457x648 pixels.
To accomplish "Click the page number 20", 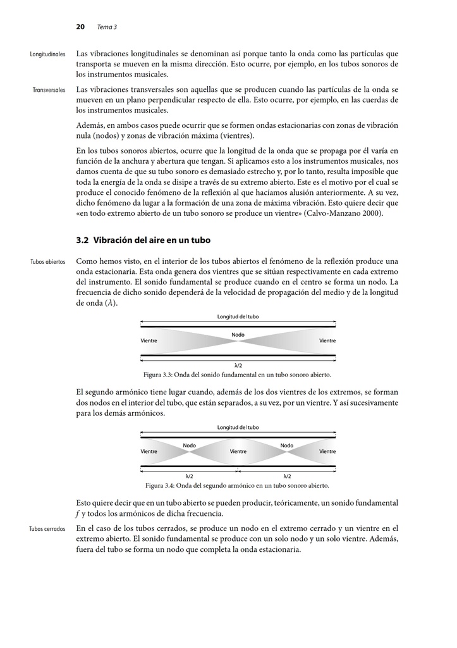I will [x=80, y=27].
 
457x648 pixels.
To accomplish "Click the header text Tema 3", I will [x=107, y=27].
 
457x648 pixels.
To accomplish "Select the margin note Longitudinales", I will [x=48, y=54].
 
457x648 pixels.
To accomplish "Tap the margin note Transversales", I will [x=49, y=90].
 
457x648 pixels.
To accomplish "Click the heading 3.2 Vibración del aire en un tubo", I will [x=143, y=240].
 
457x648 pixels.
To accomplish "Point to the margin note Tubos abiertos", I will [x=48, y=262].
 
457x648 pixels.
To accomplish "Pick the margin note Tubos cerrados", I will [x=47, y=529].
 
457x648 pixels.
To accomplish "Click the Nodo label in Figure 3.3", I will [x=238, y=334].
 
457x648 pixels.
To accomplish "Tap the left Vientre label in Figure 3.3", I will [x=149, y=340].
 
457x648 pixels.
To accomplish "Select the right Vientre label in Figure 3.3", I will [x=327, y=340].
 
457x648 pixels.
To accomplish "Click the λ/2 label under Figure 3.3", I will [x=238, y=365].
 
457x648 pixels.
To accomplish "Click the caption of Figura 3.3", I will [x=237, y=375].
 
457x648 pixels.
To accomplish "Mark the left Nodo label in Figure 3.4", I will [x=190, y=445].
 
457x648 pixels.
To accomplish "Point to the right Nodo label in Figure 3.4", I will [x=286, y=445].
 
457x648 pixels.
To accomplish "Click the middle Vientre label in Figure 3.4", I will [x=238, y=452].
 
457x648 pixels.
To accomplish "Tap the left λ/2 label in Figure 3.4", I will [x=189, y=476].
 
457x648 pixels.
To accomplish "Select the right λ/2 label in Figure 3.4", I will [x=287, y=476].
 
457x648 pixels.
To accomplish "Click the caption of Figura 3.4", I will [x=237, y=485].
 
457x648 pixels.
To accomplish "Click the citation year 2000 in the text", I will [x=372, y=213].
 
